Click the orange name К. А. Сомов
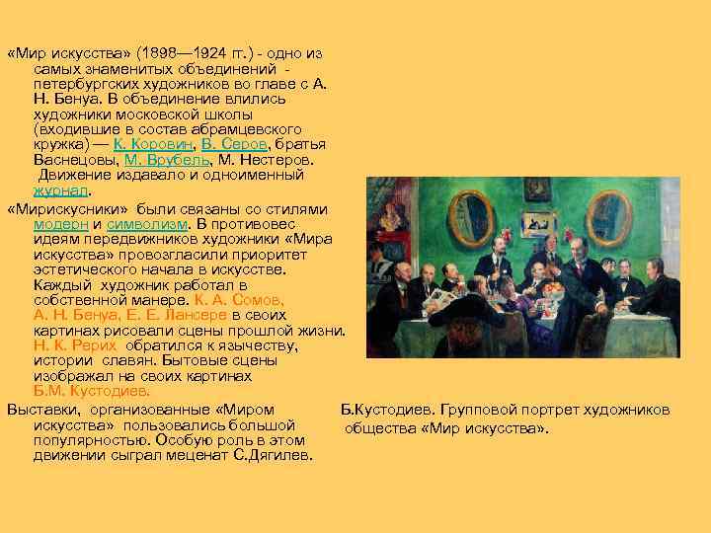(232, 298)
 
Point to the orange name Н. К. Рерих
(75, 345)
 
